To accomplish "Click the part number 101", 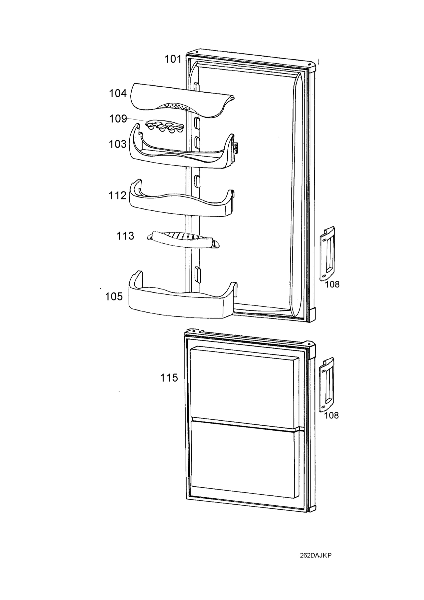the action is (x=173, y=59).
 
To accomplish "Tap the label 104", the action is (x=118, y=93).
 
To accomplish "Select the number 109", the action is (x=118, y=119).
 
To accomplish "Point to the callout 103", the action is (x=118, y=144).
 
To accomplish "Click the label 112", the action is (x=118, y=195).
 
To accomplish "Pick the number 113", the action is (x=125, y=236).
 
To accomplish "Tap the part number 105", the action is (x=114, y=296).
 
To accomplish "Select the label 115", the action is (x=169, y=377).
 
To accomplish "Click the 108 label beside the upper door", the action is (x=332, y=284).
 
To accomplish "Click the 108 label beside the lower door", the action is (x=331, y=415).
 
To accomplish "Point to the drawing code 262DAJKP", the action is (x=315, y=563).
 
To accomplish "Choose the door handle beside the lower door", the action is (x=327, y=385).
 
